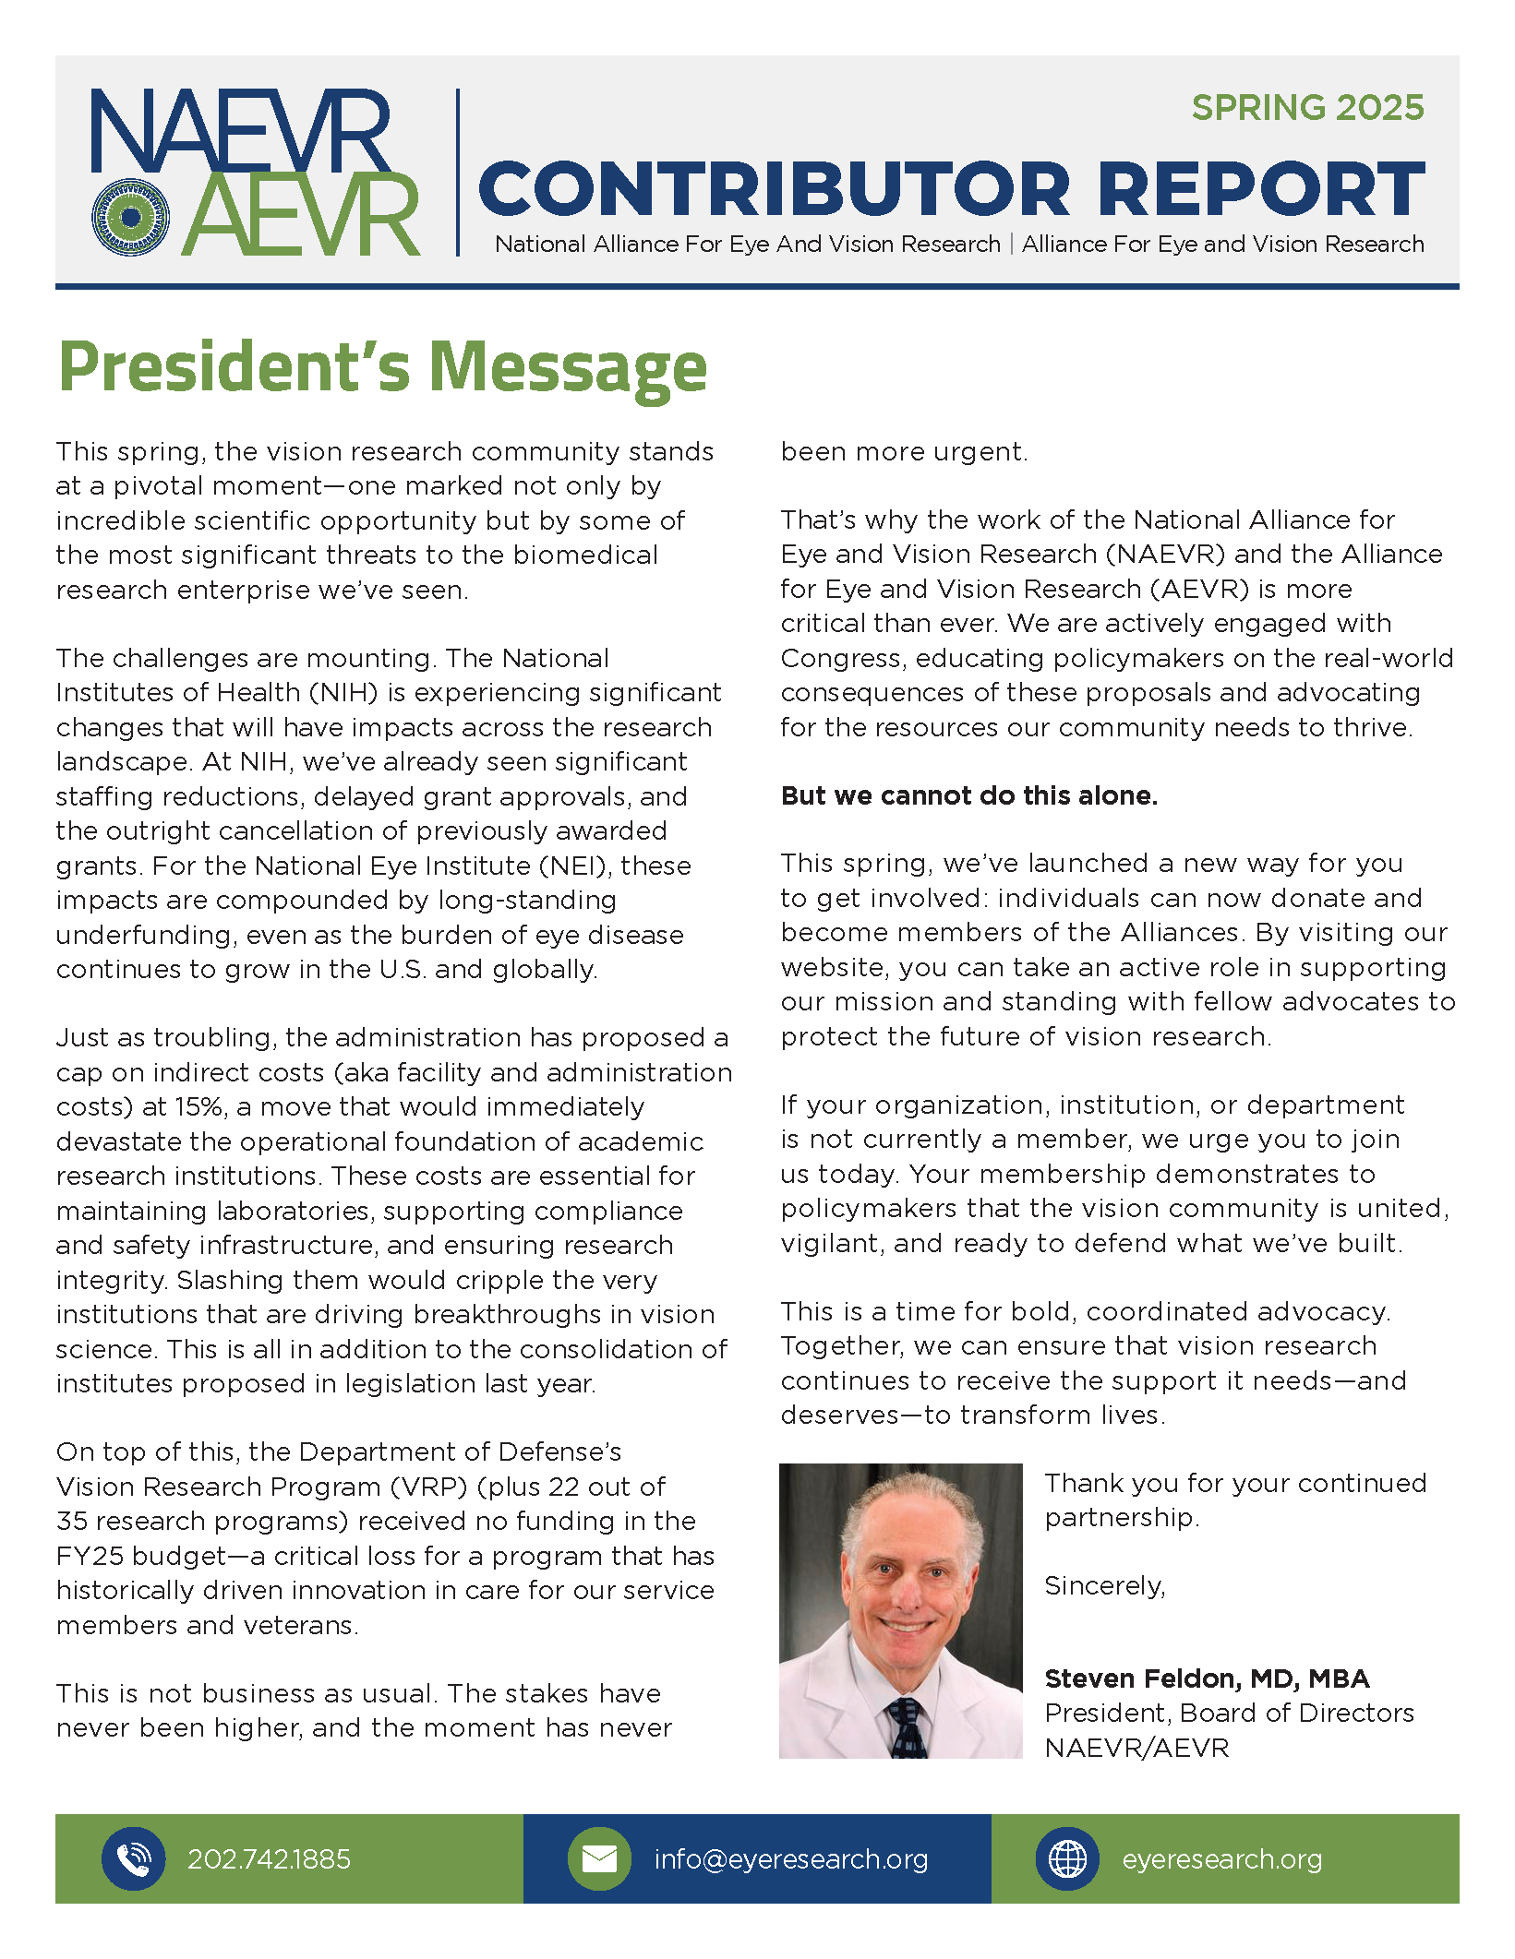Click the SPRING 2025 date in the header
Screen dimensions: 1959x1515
1307,108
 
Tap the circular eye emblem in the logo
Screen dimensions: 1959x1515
131,217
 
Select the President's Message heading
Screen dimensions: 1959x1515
382,367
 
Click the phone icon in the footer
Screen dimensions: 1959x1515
134,1858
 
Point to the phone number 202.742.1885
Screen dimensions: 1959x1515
269,1858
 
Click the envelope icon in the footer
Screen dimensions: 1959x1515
599,1858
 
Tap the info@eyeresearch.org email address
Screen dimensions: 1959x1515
790,1858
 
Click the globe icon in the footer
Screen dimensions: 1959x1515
1067,1858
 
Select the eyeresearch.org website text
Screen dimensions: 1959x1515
1221,1858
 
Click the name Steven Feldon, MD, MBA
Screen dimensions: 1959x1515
1207,1678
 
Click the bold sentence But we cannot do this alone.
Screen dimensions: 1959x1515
968,795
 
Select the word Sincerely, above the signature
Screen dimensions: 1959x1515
1104,1585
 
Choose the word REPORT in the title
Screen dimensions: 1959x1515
1261,189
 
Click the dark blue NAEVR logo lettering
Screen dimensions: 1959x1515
240,130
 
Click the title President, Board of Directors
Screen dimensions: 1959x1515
1229,1713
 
